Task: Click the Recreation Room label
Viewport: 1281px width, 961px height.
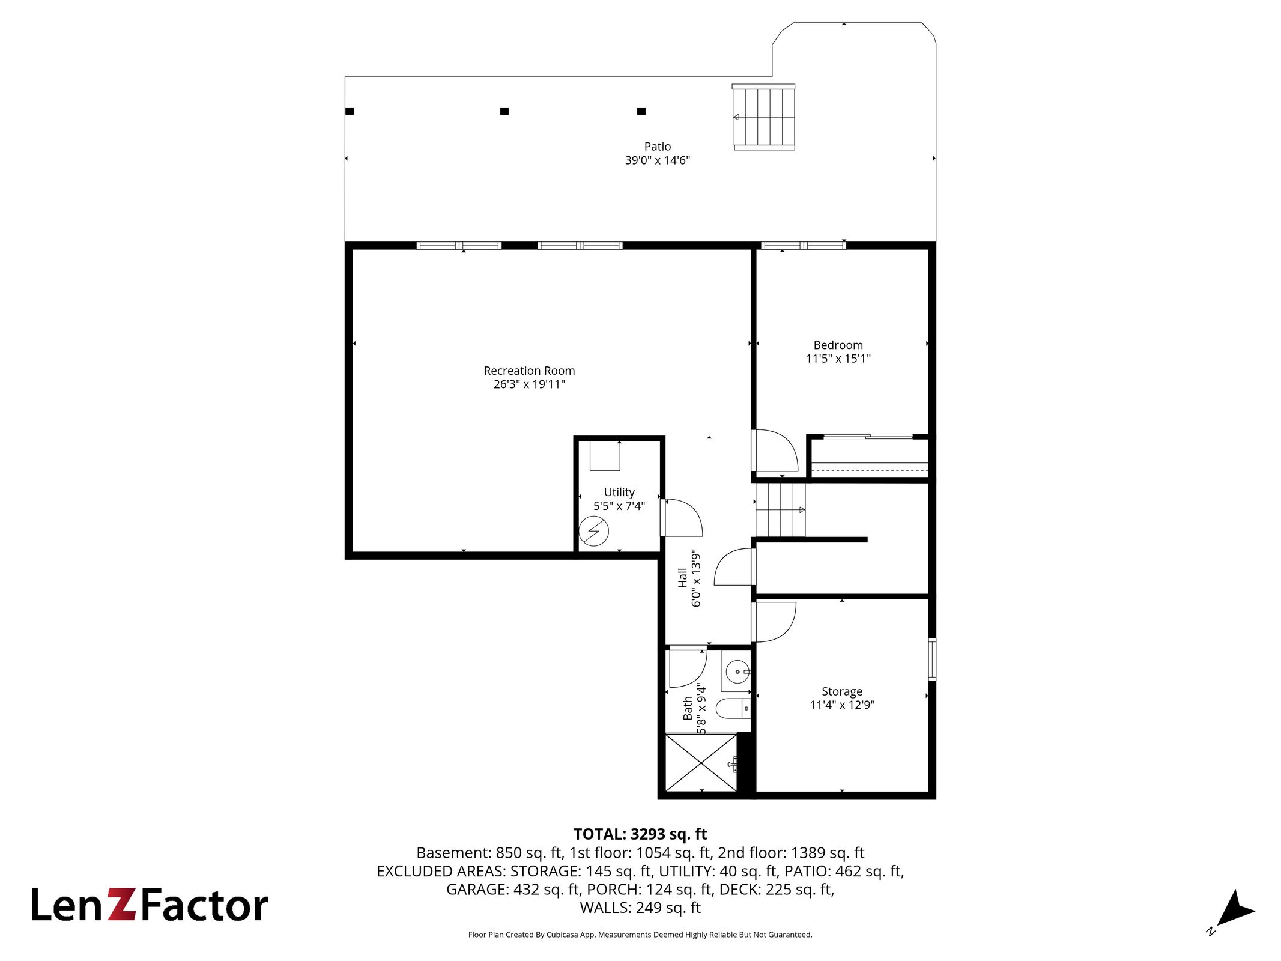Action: tap(529, 371)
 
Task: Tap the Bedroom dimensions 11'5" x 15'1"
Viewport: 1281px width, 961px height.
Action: tap(838, 359)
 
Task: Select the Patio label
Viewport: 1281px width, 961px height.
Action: tap(657, 147)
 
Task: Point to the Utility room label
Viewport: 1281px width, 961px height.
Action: tap(619, 493)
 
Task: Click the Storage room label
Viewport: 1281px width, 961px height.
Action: tap(842, 691)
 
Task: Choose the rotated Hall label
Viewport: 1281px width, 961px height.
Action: tap(682, 578)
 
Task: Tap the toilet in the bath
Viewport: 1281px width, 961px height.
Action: tap(733, 709)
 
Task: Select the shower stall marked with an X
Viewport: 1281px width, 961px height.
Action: tap(701, 762)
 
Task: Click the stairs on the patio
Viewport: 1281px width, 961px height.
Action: tap(763, 117)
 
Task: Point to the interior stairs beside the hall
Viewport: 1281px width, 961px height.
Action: tap(780, 510)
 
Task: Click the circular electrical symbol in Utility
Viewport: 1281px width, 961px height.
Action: tap(593, 531)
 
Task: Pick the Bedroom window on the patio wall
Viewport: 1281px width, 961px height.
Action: tap(804, 245)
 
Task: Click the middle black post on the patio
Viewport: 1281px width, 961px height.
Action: tap(504, 111)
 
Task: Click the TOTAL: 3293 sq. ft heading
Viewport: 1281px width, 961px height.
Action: tap(640, 834)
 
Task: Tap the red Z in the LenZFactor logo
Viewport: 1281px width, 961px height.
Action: tap(123, 905)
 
